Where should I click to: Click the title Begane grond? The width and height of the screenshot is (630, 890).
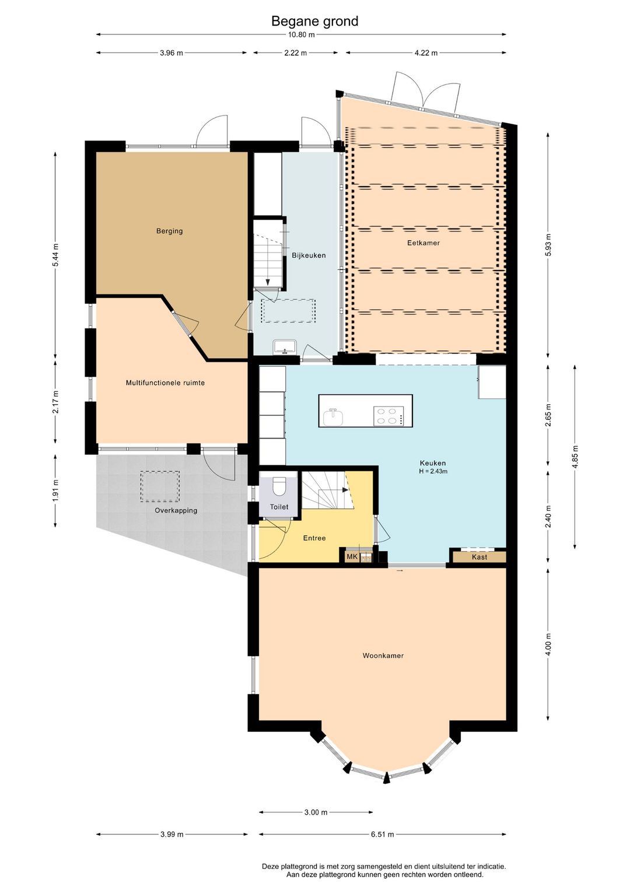[314, 21]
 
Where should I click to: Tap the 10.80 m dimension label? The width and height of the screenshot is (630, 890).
[301, 34]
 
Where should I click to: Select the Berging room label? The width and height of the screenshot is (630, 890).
[169, 231]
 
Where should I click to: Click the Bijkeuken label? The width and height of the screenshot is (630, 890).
[309, 255]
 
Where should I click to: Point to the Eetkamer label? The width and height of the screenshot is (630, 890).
[423, 243]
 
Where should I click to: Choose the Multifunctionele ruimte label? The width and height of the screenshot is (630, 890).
[165, 383]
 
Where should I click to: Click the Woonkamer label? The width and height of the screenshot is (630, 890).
[383, 656]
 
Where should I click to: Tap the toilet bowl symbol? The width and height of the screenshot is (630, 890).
[279, 486]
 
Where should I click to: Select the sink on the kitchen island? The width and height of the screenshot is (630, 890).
[333, 417]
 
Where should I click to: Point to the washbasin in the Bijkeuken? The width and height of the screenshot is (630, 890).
[284, 346]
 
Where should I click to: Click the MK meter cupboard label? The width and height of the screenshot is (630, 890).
[352, 556]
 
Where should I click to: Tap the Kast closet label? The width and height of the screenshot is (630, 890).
[480, 557]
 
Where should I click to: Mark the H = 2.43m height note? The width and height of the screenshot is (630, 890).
[433, 472]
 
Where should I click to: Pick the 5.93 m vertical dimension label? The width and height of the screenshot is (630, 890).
[548, 245]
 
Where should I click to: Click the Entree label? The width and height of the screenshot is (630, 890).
[314, 538]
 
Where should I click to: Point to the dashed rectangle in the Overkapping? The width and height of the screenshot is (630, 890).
[159, 486]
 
